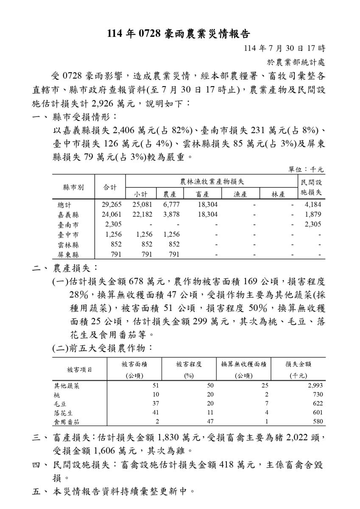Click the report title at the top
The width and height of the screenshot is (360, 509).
tap(180, 33)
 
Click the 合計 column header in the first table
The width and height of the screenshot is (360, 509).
tap(110, 187)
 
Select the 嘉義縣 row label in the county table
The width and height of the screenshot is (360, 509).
tap(68, 215)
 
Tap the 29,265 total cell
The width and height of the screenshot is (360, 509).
tap(112, 205)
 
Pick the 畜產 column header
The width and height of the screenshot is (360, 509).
tap(201, 194)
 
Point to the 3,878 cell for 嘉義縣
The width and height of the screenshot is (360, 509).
tap(171, 215)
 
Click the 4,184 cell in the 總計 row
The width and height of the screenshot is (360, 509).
tap(313, 205)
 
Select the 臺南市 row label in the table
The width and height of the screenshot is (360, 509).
tap(68, 225)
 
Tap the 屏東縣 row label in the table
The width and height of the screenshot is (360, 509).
tap(68, 255)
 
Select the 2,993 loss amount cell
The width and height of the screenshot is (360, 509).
tap(314, 386)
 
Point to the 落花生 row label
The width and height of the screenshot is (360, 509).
tap(62, 412)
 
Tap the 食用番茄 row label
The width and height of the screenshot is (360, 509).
tap(65, 421)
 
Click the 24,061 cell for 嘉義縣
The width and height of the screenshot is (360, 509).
tap(112, 215)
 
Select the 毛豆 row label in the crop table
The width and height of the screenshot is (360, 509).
tap(59, 403)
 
